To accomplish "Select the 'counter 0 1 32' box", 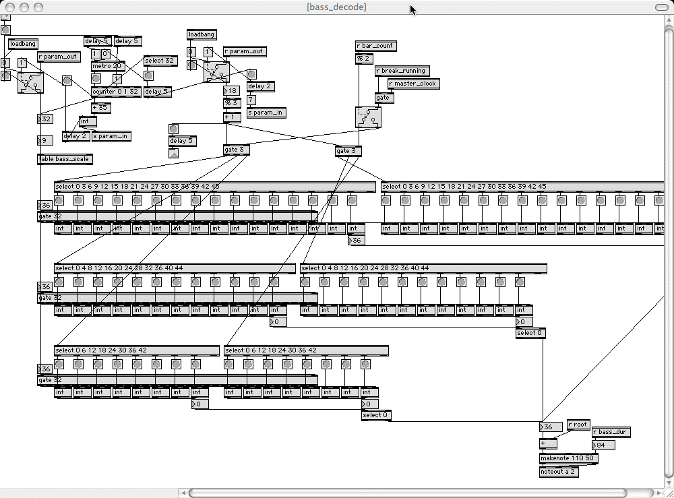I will (x=116, y=92).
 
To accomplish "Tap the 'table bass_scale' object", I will (x=64, y=159).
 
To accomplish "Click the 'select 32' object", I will (x=160, y=61).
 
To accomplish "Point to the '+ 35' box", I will (x=101, y=108).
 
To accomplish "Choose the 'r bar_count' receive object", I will (x=375, y=46).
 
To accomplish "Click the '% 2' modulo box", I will (x=363, y=59).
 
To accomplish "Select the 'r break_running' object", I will (x=402, y=71).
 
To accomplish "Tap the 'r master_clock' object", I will (x=412, y=84).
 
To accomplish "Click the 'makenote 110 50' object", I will (x=568, y=458).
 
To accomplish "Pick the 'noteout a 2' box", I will (x=559, y=472).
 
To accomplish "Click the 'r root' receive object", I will (x=578, y=425).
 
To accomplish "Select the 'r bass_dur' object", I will (x=611, y=431).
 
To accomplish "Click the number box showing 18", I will (x=232, y=91).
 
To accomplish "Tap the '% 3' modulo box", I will (x=232, y=103).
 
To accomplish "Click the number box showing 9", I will (x=44, y=141).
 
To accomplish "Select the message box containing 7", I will (x=251, y=100).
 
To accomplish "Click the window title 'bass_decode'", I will (x=336, y=7).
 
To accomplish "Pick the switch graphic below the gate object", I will (x=368, y=117).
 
